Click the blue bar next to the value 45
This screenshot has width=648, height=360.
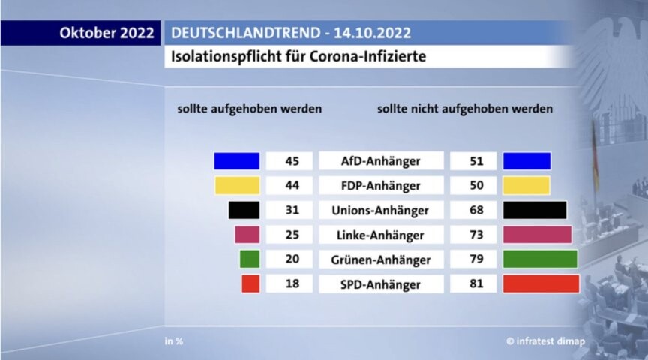[236, 161]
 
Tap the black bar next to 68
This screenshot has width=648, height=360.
[535, 210]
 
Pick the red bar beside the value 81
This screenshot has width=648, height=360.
[541, 284]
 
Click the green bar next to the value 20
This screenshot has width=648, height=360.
[250, 259]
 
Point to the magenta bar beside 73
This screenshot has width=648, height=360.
[537, 235]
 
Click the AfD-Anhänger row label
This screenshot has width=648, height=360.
[380, 161]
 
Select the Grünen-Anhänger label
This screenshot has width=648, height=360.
[380, 259]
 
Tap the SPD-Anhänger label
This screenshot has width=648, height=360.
[380, 284]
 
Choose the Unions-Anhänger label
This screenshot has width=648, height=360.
[380, 210]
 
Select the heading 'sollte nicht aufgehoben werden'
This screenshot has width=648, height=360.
[465, 108]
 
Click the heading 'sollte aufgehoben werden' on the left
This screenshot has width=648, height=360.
[249, 108]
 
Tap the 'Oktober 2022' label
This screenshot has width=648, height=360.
[106, 33]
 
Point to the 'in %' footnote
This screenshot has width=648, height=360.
[174, 341]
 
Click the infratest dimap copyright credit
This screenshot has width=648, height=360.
[545, 341]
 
